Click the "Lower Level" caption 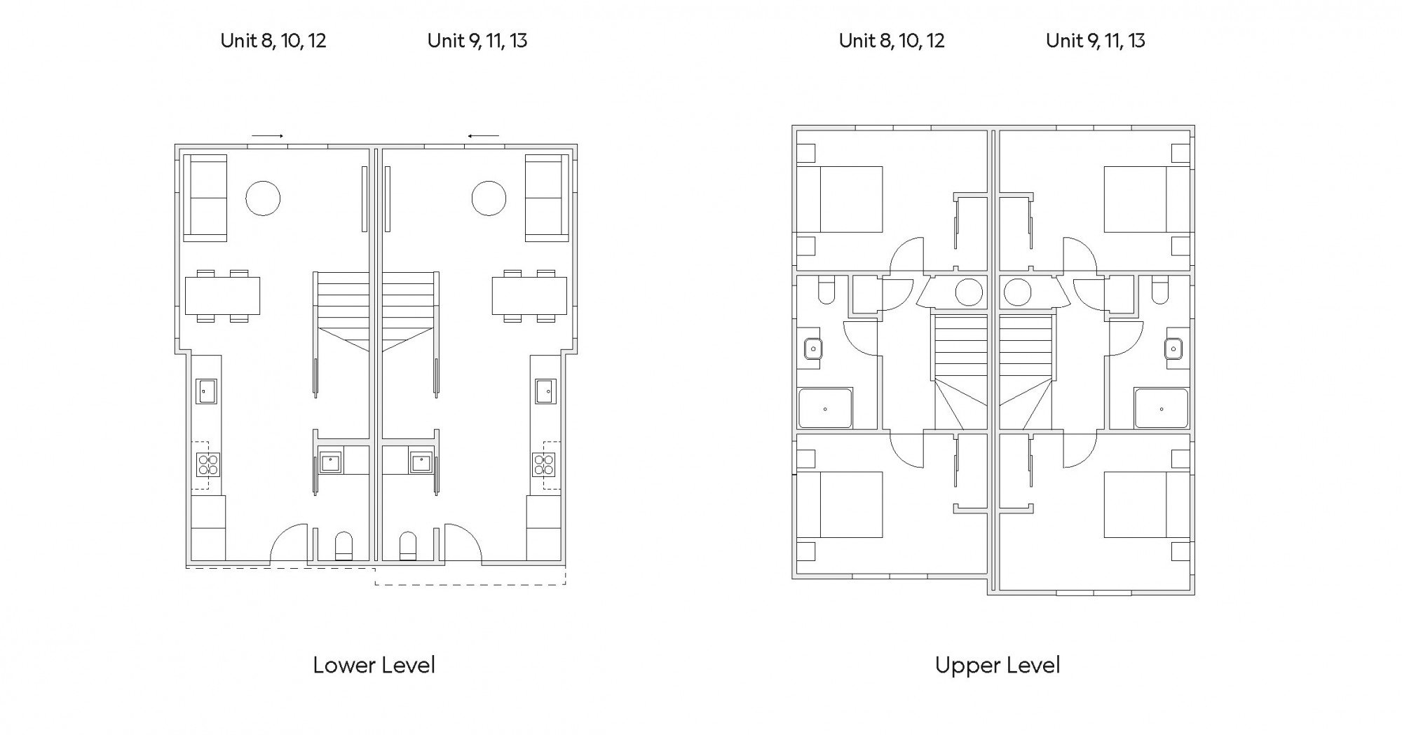tap(374, 665)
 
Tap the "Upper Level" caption tap(998, 666)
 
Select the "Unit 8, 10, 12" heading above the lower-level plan tap(273, 41)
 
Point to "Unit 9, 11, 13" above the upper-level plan tap(1096, 41)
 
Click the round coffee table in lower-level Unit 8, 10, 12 tap(263, 198)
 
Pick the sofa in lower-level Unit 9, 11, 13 tap(547, 198)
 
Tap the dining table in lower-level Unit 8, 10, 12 tap(222, 296)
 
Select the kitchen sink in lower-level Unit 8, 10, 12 tap(207, 391)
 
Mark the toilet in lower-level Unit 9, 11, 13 tap(407, 546)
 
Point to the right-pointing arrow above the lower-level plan tap(268, 135)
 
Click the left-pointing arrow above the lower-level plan tap(484, 135)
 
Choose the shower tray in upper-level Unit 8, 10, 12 tap(826, 408)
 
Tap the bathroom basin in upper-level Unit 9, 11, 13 tap(1173, 349)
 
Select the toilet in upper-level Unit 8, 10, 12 tap(826, 289)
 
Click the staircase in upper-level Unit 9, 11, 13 tap(1026, 372)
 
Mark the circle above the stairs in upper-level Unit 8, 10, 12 tap(969, 292)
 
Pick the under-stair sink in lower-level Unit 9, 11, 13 tap(421, 462)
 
